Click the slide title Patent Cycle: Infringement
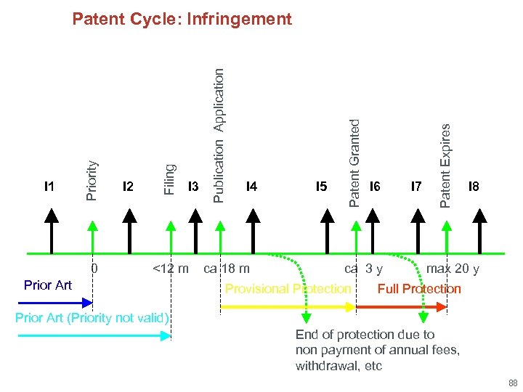point(182,19)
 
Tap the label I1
point(49,187)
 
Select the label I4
point(251,187)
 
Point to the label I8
point(474,187)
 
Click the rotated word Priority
point(92,180)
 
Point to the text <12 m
point(171,269)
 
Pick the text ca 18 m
point(227,269)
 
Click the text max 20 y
point(453,269)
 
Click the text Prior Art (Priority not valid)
point(92,318)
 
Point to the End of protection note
point(377,350)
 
